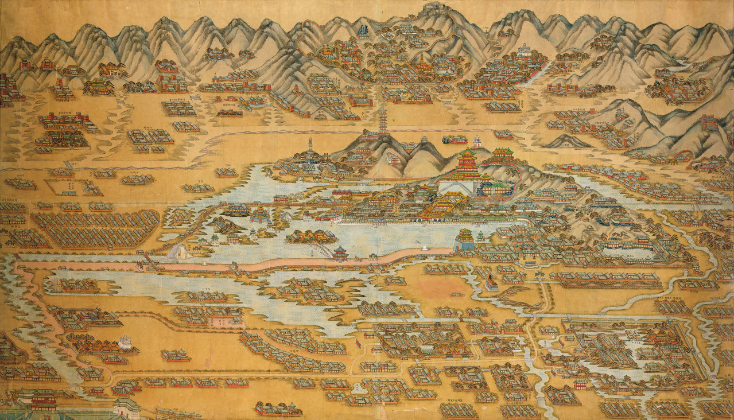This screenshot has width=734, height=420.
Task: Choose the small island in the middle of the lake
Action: (311, 236)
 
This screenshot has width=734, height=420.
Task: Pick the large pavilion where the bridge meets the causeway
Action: (340, 252)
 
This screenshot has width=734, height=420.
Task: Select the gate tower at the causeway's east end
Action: (464, 240)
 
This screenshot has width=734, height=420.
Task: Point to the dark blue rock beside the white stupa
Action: (445, 138)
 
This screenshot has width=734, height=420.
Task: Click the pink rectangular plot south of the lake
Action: (225, 319)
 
